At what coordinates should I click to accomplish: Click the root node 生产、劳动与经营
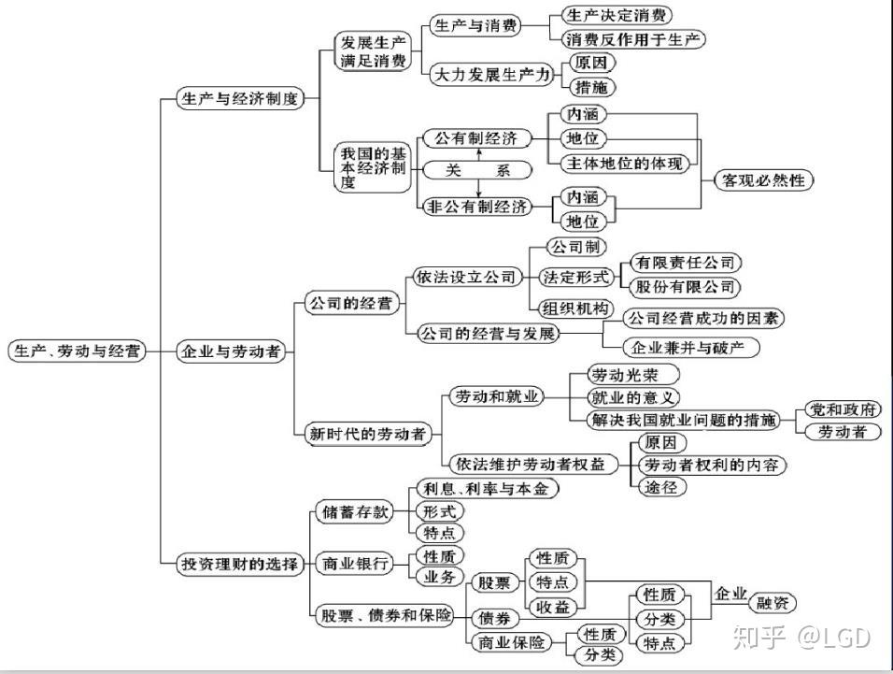point(77,351)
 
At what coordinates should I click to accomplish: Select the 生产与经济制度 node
point(241,99)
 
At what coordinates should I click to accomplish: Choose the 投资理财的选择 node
point(240,564)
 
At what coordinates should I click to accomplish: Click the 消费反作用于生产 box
point(633,39)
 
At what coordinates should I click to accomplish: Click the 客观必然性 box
point(763,179)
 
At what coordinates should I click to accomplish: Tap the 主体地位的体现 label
point(623,164)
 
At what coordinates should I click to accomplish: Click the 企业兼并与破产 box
point(691,348)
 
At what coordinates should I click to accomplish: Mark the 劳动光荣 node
point(623,376)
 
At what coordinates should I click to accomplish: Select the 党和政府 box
point(843,409)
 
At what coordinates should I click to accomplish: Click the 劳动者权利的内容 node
point(712,465)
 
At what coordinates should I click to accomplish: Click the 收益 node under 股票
point(551,607)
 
